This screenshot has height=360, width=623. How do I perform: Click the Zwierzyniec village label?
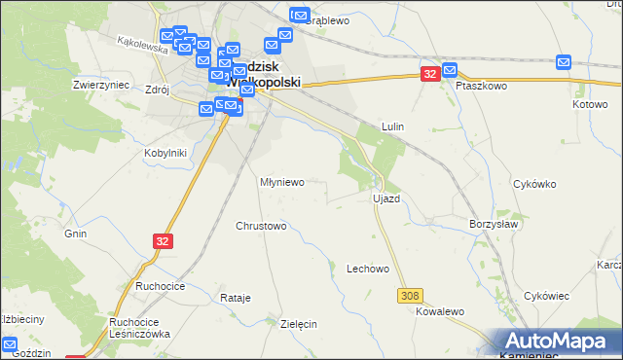[101, 85]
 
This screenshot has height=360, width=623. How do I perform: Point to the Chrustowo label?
[261, 226]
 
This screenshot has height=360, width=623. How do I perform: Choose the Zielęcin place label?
[299, 324]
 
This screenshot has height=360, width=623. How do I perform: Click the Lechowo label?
[368, 269]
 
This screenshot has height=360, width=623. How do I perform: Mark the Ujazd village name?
[386, 198]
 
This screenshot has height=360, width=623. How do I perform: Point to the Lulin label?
[393, 126]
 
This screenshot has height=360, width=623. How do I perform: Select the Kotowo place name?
[590, 104]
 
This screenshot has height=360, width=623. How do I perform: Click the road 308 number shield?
[409, 294]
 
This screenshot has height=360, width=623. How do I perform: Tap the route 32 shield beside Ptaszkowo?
[430, 74]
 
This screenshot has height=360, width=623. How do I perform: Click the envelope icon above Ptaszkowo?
[450, 69]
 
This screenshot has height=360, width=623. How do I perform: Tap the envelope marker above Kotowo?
[565, 62]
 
